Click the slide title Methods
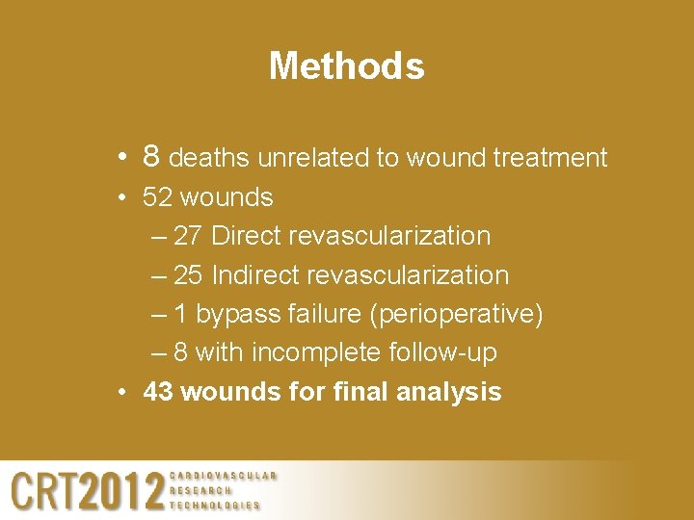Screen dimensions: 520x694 coord(346,66)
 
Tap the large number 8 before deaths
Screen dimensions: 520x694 coord(150,156)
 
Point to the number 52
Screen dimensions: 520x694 coord(158,197)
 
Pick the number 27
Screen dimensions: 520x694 coord(188,236)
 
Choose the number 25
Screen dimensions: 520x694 coord(188,275)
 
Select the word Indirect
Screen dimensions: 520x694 coord(254,275)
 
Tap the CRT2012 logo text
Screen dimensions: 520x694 coord(87,490)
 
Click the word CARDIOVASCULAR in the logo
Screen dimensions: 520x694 coord(223,475)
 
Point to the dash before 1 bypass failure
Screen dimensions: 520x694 coord(159,315)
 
